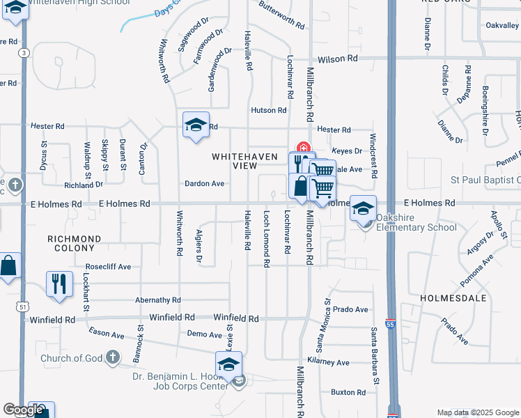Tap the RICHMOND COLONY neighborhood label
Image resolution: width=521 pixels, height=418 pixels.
(x=74, y=243)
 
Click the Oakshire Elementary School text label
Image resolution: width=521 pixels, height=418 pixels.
(x=417, y=222)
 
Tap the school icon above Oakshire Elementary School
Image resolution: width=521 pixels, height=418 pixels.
(x=363, y=209)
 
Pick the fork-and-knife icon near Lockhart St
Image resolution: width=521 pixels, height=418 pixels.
(x=59, y=283)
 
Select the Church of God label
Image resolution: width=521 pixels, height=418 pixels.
(x=71, y=359)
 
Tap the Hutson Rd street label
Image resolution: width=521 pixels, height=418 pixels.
(x=269, y=110)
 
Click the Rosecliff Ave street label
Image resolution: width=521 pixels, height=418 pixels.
(x=108, y=267)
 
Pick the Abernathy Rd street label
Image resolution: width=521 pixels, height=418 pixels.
(x=158, y=300)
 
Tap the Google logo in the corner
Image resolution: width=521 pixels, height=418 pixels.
(x=23, y=410)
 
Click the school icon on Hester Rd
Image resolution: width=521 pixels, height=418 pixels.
(x=196, y=125)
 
